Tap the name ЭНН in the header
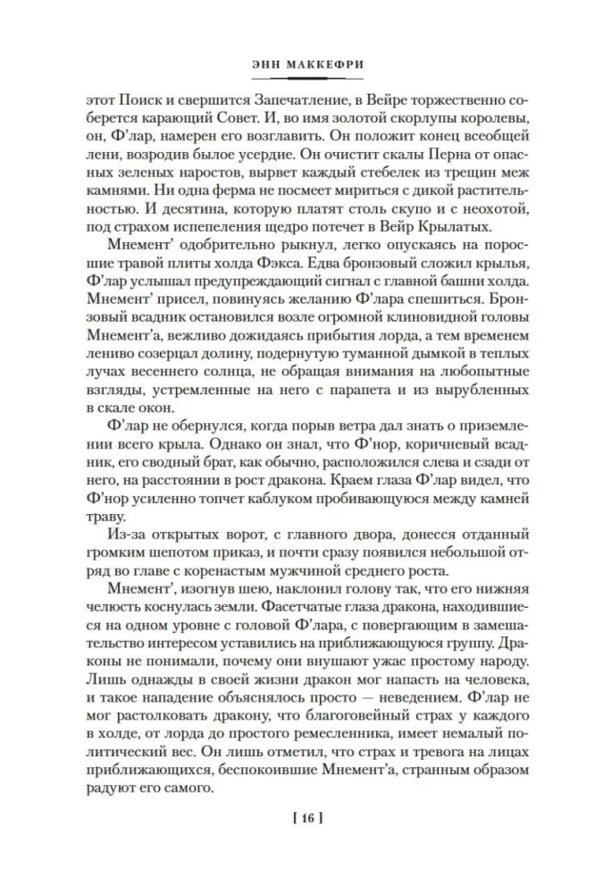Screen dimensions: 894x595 tap(265, 65)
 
